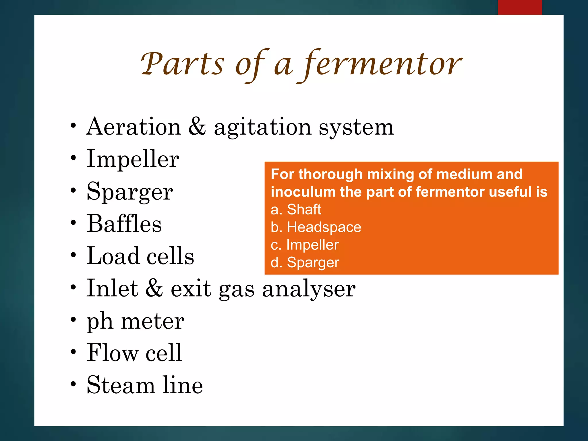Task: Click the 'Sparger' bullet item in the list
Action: click(130, 192)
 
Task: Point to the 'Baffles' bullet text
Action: click(124, 224)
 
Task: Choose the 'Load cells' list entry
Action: click(140, 256)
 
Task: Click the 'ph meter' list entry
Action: click(135, 321)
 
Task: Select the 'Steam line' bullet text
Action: click(145, 385)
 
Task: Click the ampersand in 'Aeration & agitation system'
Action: click(197, 127)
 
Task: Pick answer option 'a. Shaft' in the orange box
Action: click(296, 209)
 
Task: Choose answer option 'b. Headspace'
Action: click(316, 227)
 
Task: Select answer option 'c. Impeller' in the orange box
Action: click(305, 245)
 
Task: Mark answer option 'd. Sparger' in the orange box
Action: click(305, 262)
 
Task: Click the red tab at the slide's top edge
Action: click(520, 7)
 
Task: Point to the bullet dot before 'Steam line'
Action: click(73, 384)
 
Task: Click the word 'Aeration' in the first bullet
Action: click(134, 127)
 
